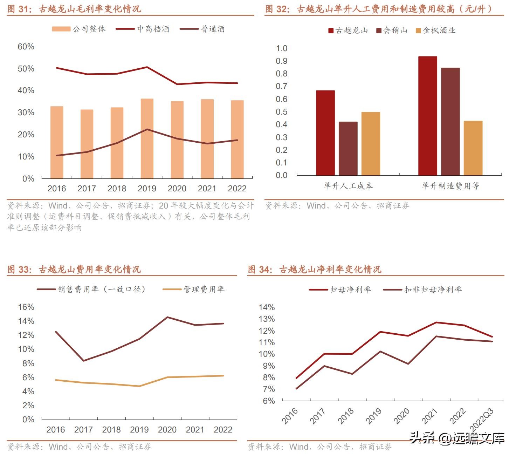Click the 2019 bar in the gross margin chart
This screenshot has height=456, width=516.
pyautogui.click(x=147, y=138)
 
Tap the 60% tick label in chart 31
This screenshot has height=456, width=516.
pyautogui.click(x=26, y=47)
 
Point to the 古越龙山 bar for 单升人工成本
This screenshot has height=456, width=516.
pyautogui.click(x=325, y=133)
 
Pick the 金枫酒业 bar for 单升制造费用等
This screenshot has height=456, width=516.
pyautogui.click(x=473, y=148)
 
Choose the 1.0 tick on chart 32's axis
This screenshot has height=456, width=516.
pyautogui.click(x=281, y=48)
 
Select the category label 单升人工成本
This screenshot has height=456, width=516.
pyautogui.click(x=348, y=186)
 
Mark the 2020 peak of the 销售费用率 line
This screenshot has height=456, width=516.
pyautogui.click(x=167, y=317)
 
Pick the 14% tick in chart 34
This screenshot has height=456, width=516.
pyautogui.click(x=267, y=307)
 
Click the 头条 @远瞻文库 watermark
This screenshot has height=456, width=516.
pyautogui.click(x=457, y=438)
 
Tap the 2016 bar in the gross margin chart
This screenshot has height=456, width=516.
pyautogui.click(x=57, y=142)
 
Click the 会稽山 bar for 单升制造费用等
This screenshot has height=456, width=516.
pyautogui.click(x=450, y=121)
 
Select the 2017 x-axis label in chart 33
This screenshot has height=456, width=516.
pyautogui.click(x=83, y=430)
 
